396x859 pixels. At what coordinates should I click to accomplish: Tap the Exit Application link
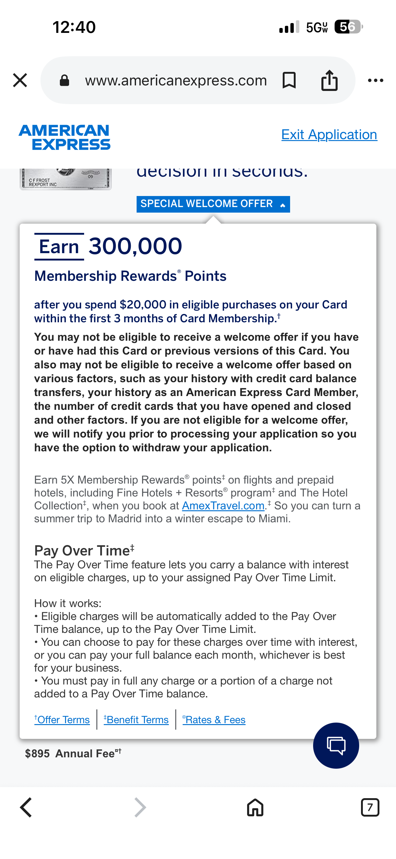coord(329,135)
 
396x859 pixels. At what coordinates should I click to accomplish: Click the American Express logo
coord(65,137)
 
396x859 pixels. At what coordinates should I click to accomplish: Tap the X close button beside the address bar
coord(20,80)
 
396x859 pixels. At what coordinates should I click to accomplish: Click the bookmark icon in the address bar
coord(289,80)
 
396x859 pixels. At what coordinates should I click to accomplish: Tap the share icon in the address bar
coord(329,80)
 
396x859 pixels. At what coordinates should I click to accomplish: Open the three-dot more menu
coord(375,80)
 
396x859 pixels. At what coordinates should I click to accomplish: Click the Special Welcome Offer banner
coord(213,204)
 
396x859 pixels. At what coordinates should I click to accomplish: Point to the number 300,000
coord(135,246)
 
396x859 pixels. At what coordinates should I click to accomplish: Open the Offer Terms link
coord(62,720)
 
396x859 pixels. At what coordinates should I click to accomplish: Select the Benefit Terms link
coord(136,720)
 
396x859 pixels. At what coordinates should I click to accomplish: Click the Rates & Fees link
coord(214,720)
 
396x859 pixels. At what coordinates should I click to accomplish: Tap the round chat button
coord(336,745)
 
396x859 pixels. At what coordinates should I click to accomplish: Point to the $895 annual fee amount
coord(37,754)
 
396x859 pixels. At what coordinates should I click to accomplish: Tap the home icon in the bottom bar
coord(255,807)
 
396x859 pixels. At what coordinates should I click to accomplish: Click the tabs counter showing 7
coord(370,807)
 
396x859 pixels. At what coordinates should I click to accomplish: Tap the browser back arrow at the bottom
coord(26,807)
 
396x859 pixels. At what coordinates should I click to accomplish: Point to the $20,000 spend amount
coord(143,305)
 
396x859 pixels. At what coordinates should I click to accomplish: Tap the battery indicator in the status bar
coord(348,27)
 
